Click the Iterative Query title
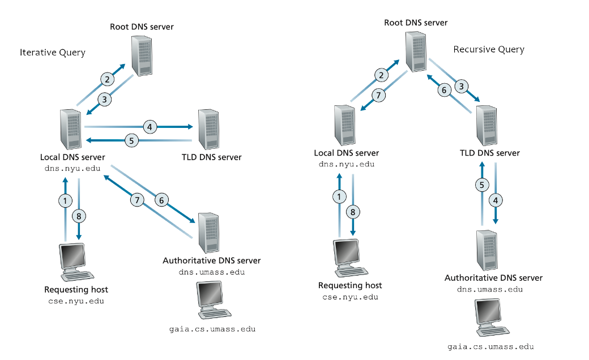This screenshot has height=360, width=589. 53,53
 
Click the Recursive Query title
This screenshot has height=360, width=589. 489,50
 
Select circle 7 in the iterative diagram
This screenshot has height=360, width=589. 136,199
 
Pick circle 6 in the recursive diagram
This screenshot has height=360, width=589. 445,90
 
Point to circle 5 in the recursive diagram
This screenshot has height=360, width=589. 481,185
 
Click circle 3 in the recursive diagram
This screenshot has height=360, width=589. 462,87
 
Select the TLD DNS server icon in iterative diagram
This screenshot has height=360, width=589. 209,128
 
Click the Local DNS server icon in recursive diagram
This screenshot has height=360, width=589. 344,125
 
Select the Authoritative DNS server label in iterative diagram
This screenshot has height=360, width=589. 211,261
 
